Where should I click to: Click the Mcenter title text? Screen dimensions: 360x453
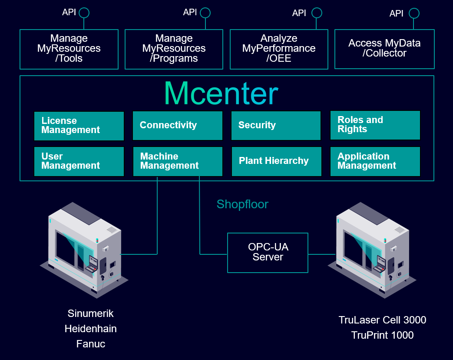(x=221, y=93)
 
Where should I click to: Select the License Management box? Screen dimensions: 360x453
(x=79, y=126)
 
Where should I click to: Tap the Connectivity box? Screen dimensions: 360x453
(x=177, y=126)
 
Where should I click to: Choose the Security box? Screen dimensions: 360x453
(x=276, y=126)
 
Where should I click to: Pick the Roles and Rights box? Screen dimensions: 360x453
(x=375, y=125)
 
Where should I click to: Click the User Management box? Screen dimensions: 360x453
(x=79, y=161)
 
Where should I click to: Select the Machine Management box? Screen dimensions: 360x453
(x=178, y=161)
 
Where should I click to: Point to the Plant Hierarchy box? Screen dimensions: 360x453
(x=276, y=161)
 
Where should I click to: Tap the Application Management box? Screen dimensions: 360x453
(x=375, y=161)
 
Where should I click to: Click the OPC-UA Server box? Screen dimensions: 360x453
(x=268, y=253)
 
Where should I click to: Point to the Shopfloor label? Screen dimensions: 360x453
(x=242, y=204)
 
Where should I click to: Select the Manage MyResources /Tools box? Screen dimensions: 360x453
(x=69, y=49)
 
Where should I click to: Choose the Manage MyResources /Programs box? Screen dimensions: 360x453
(x=174, y=49)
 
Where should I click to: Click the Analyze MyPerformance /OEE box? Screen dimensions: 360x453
(x=279, y=49)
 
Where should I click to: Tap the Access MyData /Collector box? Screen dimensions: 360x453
(x=384, y=49)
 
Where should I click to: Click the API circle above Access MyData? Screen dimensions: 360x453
(x=414, y=13)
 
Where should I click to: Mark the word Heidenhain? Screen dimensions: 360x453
(x=91, y=329)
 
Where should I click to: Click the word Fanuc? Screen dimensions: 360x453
(x=91, y=344)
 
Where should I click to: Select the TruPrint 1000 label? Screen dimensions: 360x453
(x=382, y=335)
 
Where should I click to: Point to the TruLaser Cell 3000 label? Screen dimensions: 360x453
(x=382, y=320)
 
